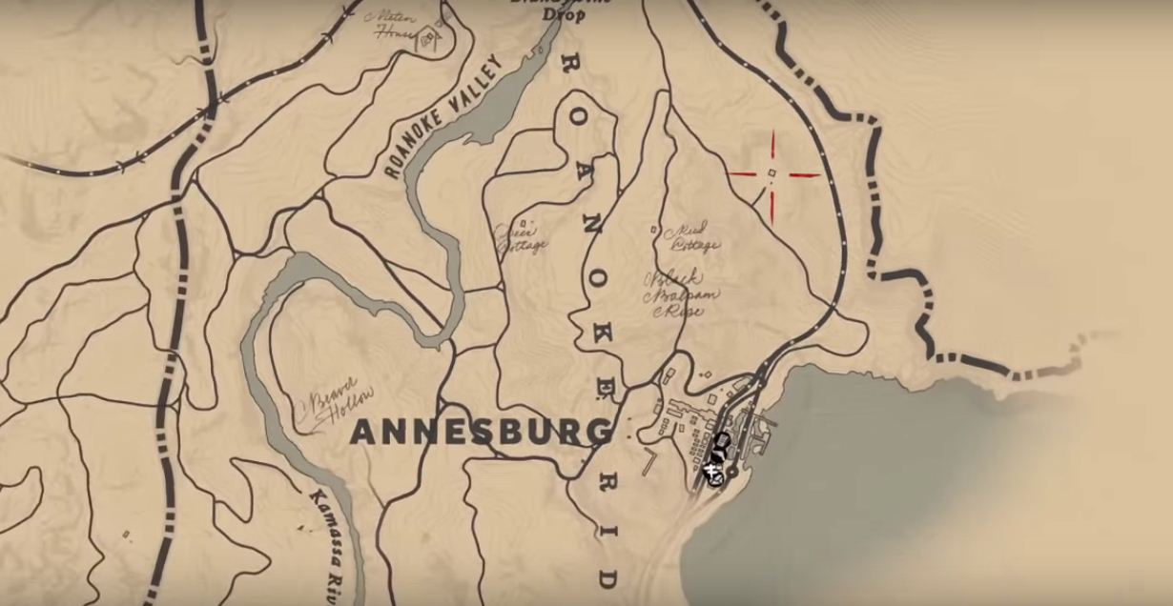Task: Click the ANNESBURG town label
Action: coord(481,432)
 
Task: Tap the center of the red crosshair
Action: coord(772,173)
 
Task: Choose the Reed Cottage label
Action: coord(695,237)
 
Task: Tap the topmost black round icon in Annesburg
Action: coord(722,440)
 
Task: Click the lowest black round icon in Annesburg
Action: coord(711,471)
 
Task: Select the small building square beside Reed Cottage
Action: coord(653,229)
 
